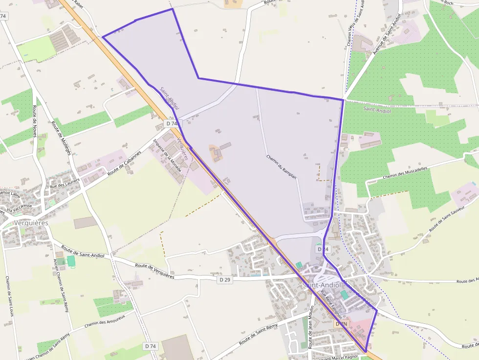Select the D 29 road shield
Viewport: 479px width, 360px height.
pyautogui.click(x=225, y=280)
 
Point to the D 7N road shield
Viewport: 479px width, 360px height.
pyautogui.click(x=341, y=324)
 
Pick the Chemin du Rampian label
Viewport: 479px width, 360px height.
pyautogui.click(x=282, y=167)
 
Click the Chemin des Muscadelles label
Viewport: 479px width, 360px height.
pyautogui.click(x=405, y=172)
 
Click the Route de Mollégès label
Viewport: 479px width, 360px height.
pyautogui.click(x=61, y=138)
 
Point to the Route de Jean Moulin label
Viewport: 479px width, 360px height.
pyautogui.click(x=311, y=327)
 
